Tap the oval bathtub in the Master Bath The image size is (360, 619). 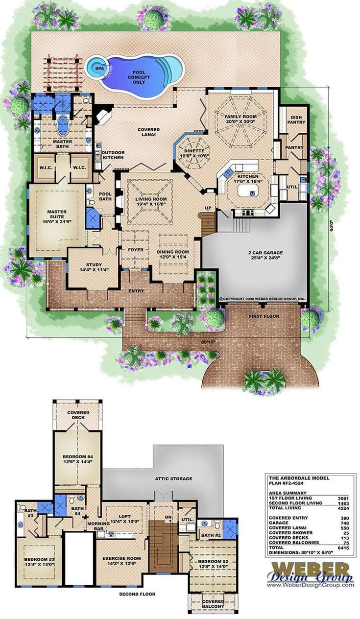click(x=62, y=126)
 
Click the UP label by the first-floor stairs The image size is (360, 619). click(x=208, y=209)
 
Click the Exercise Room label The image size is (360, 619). click(x=121, y=561)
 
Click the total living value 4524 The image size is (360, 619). click(x=341, y=508)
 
